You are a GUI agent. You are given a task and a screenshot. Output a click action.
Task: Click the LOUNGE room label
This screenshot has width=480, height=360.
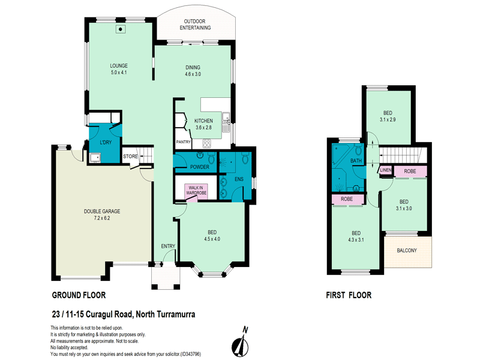tap(119, 65)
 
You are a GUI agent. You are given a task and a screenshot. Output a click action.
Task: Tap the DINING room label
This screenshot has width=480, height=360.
tap(193, 67)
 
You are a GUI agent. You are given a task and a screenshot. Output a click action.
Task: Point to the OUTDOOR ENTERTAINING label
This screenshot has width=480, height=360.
tap(196, 25)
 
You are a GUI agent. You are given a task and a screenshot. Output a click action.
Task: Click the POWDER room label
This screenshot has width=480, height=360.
tap(199, 167)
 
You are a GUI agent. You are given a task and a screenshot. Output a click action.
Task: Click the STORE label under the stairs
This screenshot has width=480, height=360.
tap(130, 157)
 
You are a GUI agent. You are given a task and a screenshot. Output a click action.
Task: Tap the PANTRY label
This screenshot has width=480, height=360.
tap(183, 142)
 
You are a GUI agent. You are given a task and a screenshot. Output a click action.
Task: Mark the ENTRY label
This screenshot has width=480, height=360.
tap(167, 247)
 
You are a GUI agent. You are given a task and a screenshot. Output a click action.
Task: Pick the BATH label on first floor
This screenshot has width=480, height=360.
tap(356, 161)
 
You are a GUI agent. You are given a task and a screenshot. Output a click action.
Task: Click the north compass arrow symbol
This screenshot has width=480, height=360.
tap(242, 343)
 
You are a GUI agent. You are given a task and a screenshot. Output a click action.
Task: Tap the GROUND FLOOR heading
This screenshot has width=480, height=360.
tap(79, 295)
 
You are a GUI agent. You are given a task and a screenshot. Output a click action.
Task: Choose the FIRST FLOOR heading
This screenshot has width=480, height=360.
tap(349, 295)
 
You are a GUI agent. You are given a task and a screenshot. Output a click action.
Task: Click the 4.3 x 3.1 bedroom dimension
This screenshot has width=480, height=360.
tap(356, 241)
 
